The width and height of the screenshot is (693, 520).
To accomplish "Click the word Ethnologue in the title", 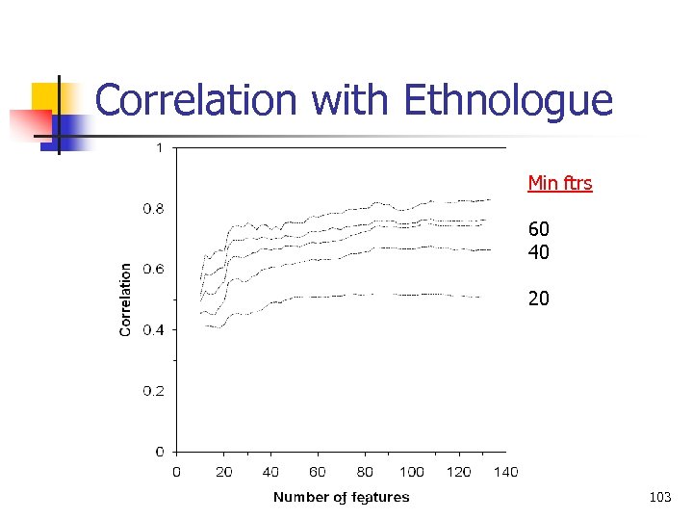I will point(507,101).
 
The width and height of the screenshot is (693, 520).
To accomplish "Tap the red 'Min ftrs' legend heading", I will point(559,183).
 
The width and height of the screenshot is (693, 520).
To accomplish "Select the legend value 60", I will point(538,230).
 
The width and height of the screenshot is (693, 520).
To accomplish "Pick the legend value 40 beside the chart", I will point(538,251).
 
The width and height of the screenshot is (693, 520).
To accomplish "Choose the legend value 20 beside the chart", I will point(538,299).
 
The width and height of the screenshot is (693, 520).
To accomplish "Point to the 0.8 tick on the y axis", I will point(154,208).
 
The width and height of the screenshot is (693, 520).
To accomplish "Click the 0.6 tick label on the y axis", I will point(154,269).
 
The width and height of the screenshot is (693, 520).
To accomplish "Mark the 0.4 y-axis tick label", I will point(154,329).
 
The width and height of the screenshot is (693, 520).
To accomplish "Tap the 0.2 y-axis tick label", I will point(154,390).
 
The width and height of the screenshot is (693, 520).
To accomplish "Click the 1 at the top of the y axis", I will point(159,147).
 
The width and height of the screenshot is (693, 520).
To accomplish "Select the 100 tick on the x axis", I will point(411,472).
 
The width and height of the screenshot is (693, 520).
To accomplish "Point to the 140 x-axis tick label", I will point(505,472).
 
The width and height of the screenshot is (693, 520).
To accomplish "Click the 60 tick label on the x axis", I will point(318,472).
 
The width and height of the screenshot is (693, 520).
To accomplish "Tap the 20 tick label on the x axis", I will point(223,472).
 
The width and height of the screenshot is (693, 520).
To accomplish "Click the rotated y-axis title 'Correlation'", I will point(125,299).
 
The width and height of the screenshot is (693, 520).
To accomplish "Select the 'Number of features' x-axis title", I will point(341,498).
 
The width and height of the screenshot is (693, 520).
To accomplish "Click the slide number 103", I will point(660,497).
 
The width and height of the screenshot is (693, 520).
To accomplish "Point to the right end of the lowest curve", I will point(480,298).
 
